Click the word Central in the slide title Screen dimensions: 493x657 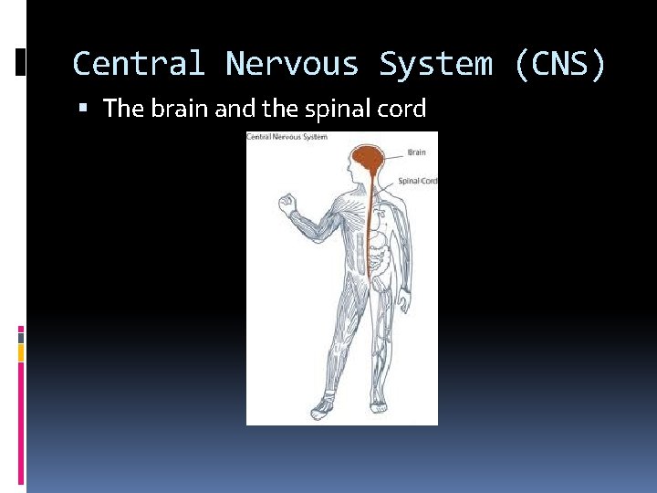pos(139,64)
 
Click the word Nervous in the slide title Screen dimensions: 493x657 pos(293,64)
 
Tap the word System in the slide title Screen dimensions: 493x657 pos(435,64)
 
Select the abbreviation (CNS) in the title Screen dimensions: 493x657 pos(559,64)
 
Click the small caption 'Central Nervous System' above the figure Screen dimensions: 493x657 pos(287,137)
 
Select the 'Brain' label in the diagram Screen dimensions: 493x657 pos(416,152)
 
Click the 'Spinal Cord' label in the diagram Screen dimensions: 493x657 pos(418,182)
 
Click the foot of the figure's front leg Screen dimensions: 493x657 pos(321,407)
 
